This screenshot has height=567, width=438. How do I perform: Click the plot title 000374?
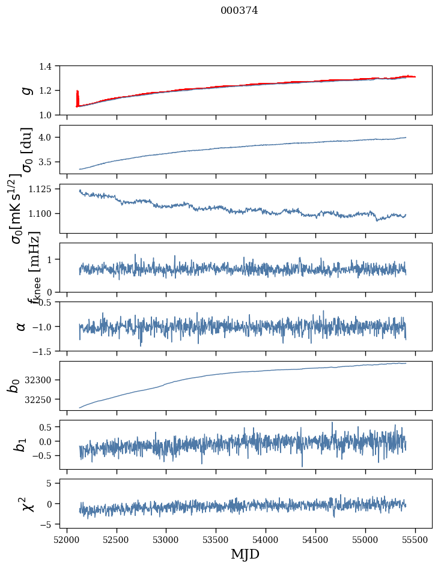click(x=239, y=11)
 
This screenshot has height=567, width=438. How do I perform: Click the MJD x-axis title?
click(x=245, y=554)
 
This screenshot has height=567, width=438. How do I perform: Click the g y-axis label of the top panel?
click(x=26, y=90)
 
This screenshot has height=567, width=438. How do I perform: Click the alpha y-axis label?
click(x=21, y=326)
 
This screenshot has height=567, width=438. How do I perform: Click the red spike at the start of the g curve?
click(x=78, y=96)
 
